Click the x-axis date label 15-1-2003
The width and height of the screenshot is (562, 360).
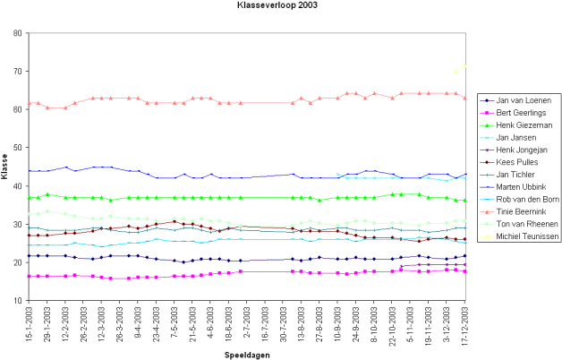click(x=31, y=324)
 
